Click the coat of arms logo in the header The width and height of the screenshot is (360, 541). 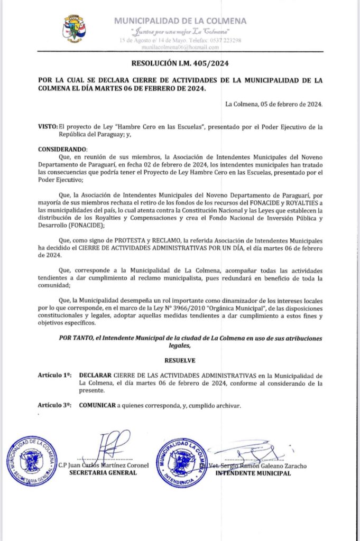tap(75, 29)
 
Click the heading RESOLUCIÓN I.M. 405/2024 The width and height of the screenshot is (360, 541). tap(180, 64)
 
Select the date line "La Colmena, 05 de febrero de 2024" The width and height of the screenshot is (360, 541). tap(273, 103)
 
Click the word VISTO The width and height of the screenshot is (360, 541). tap(47, 127)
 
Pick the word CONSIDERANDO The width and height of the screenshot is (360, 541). tap(60, 150)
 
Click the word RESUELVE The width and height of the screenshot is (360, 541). tap(180, 360)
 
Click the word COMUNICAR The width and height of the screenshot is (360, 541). tap(97, 405)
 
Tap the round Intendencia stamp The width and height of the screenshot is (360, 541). tap(182, 462)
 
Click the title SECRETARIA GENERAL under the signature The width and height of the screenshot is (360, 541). tap(103, 473)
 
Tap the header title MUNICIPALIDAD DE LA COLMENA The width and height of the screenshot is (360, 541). tap(180, 21)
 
